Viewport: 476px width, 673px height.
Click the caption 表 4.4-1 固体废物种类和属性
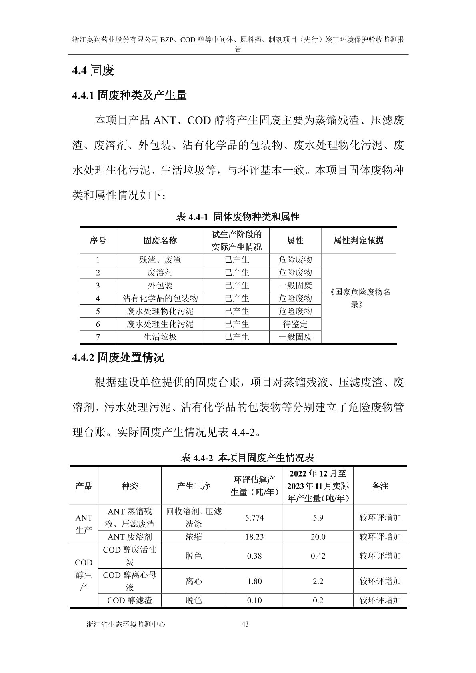238,217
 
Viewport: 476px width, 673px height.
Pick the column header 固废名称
160,240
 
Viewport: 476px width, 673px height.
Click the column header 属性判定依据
358,240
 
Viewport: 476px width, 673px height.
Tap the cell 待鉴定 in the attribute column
295,324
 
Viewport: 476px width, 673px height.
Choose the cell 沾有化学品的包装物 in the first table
160,298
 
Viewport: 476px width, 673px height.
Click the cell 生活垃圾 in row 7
160,337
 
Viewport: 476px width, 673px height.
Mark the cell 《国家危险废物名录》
358,298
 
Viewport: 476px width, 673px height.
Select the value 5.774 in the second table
254,518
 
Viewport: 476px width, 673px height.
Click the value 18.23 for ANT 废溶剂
254,537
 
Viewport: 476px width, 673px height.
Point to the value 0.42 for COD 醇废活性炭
318,556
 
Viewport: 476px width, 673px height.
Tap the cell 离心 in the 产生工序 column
194,581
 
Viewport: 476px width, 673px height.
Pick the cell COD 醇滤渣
130,600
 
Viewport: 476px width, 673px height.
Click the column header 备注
380,486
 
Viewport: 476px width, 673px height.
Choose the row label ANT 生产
84,524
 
